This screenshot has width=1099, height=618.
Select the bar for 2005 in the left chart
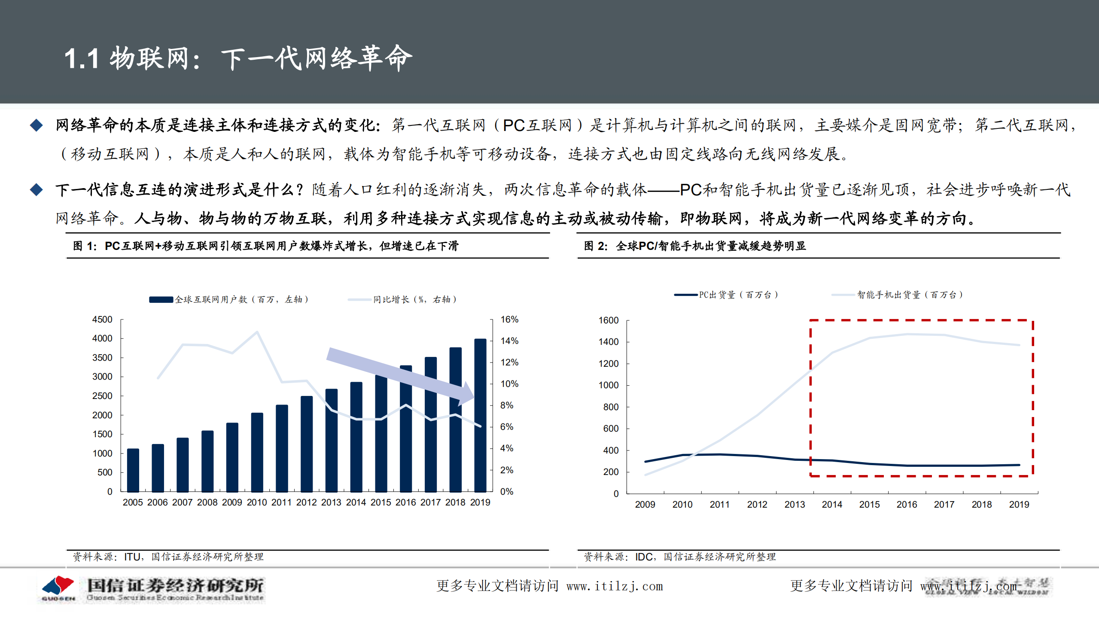click(133, 470)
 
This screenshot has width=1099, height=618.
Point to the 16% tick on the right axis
click(509, 320)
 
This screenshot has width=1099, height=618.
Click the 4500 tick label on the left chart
click(102, 320)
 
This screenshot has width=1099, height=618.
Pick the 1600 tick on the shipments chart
click(609, 320)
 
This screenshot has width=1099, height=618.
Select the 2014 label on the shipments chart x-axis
click(832, 505)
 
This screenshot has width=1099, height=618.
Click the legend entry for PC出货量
click(726, 295)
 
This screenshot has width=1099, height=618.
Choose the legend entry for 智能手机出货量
click(898, 295)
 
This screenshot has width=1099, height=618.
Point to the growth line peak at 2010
click(257, 332)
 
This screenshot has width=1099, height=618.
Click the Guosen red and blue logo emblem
click(58, 587)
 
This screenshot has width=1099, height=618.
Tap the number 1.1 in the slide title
click(82, 59)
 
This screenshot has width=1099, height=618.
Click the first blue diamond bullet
click(37, 125)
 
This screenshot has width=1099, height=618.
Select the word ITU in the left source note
click(132, 557)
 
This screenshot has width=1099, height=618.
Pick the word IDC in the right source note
click(644, 557)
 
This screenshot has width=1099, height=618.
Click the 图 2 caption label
click(595, 246)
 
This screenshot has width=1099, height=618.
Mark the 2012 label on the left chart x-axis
click(306, 502)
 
